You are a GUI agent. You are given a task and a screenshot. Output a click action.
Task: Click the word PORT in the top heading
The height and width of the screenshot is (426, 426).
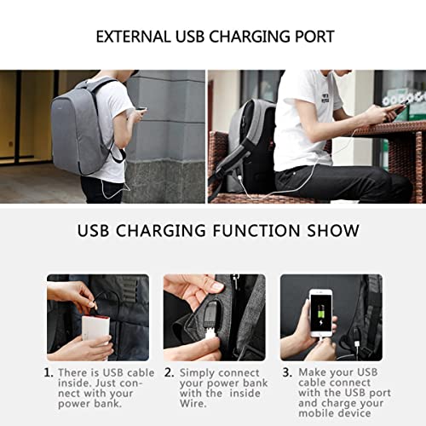pyautogui.click(x=312, y=37)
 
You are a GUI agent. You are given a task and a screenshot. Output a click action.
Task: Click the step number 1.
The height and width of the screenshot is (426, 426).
pyautogui.click(x=48, y=372)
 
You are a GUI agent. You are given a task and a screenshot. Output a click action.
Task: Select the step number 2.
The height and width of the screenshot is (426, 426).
pyautogui.click(x=170, y=372)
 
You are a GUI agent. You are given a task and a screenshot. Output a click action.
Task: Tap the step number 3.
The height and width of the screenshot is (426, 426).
pyautogui.click(x=285, y=372)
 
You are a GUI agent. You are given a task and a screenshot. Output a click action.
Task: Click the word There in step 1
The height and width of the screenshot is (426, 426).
pyautogui.click(x=73, y=372)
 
